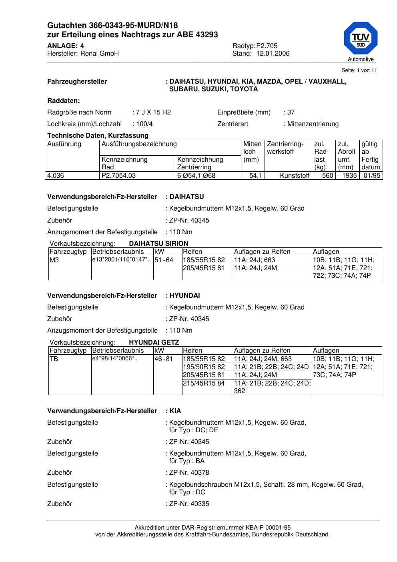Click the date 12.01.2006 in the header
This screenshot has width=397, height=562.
click(273, 54)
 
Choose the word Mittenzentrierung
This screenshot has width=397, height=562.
click(313, 124)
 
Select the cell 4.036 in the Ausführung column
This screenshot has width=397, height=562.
click(56, 175)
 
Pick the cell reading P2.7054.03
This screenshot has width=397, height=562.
click(119, 175)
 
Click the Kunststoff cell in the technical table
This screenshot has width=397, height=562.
click(295, 175)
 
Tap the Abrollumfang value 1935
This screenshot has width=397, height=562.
click(349, 175)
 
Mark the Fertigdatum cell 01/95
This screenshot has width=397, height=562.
click(372, 175)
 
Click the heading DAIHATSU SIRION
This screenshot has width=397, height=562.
click(158, 243)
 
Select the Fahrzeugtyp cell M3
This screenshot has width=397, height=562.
click(54, 260)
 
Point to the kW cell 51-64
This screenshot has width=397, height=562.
click(164, 260)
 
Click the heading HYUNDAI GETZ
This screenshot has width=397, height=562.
click(154, 342)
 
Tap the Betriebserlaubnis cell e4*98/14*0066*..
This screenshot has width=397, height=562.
click(115, 359)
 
